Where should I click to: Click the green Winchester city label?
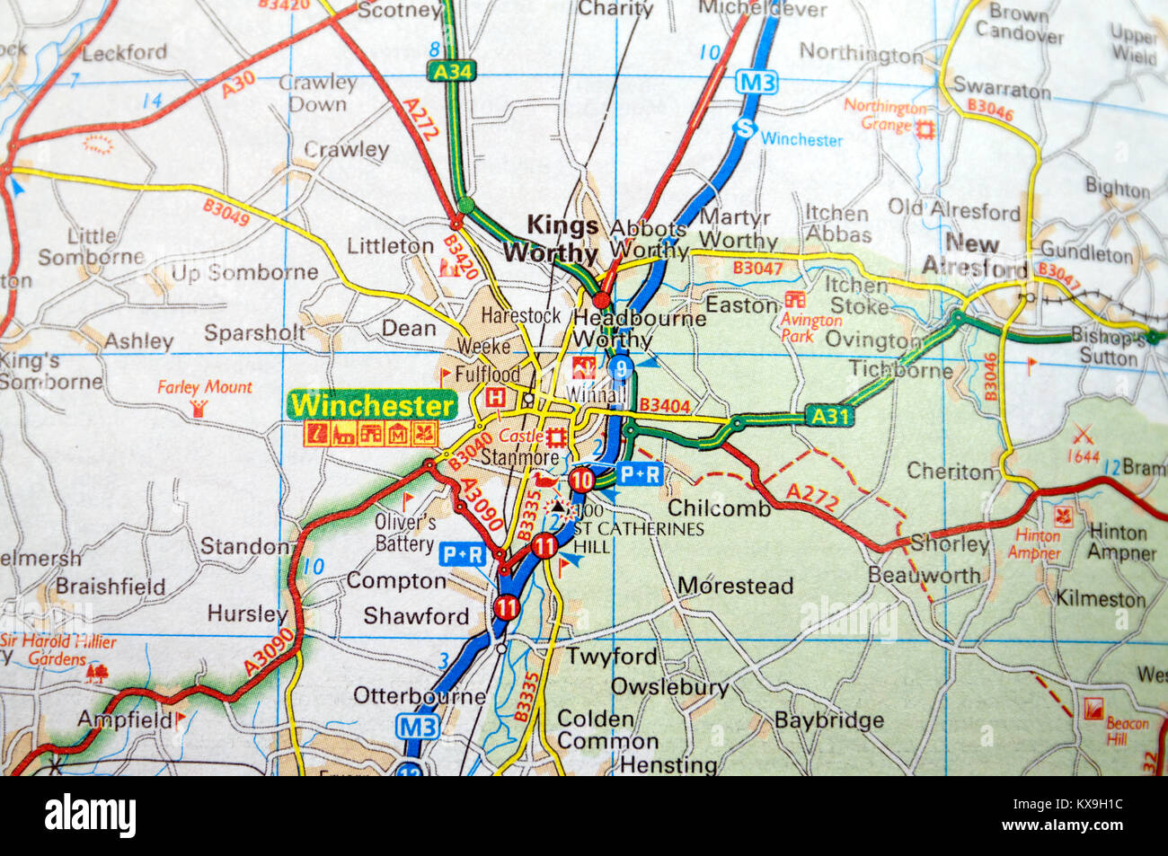point(372,405)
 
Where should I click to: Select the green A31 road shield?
point(827,416)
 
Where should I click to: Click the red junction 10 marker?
point(582,480)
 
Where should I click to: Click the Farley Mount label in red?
point(205,387)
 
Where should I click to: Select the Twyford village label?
point(611,657)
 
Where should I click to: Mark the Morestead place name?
point(735,587)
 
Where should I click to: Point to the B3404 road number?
point(665,406)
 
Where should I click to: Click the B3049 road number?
point(226,213)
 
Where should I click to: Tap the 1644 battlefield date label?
point(1083,457)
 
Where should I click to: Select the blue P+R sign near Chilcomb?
point(640,473)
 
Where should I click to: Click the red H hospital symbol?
point(494,396)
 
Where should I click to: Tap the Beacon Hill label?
point(1127,730)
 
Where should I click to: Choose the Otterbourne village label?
point(419,696)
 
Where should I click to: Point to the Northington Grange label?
point(884,116)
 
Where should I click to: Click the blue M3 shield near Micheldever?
point(756,84)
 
